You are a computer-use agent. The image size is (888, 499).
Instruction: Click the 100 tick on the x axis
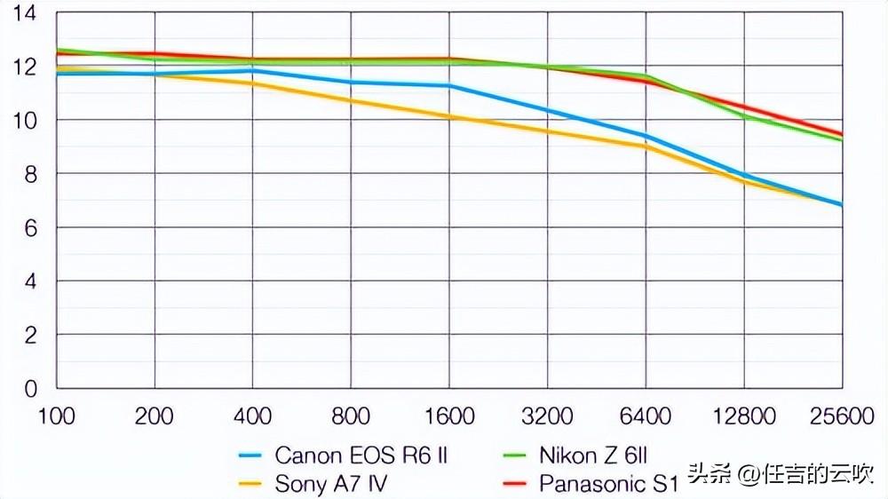[56, 416]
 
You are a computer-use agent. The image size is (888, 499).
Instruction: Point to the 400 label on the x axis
[253, 416]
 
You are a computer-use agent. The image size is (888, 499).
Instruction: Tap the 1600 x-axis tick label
[449, 416]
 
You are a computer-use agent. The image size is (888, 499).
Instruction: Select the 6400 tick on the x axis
[646, 416]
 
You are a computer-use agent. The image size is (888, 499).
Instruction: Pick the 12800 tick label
[743, 416]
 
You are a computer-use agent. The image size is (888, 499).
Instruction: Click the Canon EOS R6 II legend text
[361, 455]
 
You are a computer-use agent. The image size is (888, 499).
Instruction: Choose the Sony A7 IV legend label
[331, 484]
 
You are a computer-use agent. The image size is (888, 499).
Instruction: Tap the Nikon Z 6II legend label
[593, 455]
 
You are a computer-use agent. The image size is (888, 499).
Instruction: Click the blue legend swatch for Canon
[251, 456]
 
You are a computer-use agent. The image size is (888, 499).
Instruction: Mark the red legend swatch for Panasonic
[516, 485]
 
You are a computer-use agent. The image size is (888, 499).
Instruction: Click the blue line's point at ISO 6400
[646, 136]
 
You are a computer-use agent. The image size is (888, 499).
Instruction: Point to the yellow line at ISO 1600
[449, 116]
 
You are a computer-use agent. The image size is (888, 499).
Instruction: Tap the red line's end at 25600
[841, 135]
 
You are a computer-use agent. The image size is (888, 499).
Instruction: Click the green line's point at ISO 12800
[743, 116]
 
